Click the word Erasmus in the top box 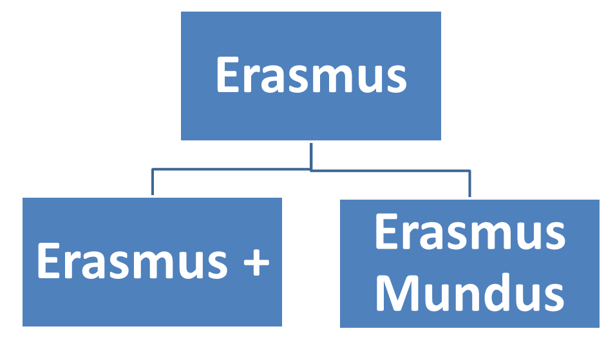click(312, 75)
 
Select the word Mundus click(470, 292)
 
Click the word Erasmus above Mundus click(470, 232)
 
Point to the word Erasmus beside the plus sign click(133, 261)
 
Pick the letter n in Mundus click(465, 297)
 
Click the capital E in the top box click(228, 75)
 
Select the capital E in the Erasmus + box click(49, 261)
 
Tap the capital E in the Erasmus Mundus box click(387, 231)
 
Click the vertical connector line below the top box click(311, 156)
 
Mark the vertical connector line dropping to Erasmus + click(153, 182)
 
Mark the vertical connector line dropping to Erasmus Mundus click(469, 184)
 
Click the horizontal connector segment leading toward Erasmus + click(231, 169)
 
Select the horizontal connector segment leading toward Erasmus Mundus click(391, 171)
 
